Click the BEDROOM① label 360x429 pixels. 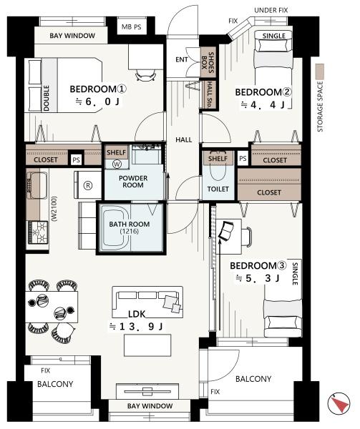coord(98,89)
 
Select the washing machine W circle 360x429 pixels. coord(117,164)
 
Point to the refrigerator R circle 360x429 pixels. coord(88,185)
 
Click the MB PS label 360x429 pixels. coord(132,27)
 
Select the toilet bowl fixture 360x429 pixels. coord(218,170)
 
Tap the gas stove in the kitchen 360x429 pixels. coord(37,232)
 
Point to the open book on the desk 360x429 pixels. coord(226,232)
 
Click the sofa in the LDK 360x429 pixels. coord(147,302)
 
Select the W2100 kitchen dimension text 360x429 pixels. coord(54,209)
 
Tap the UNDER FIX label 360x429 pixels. coord(271,11)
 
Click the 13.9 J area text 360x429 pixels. coord(136,327)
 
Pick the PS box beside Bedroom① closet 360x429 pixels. coord(76,159)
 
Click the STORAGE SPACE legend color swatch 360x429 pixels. coord(319,72)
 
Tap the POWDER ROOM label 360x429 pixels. coord(133,182)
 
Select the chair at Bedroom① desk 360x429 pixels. coord(145,74)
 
